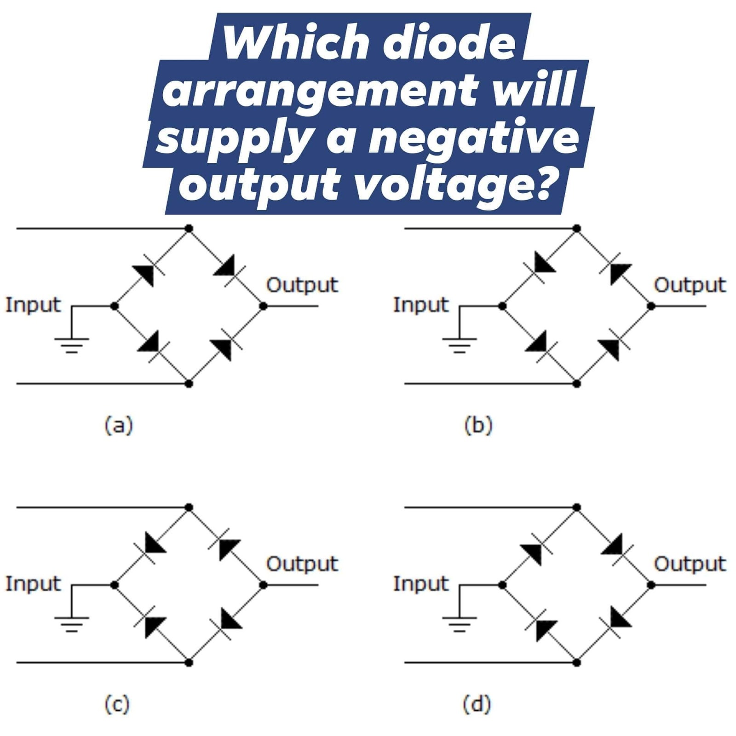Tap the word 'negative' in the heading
pyautogui.click(x=474, y=138)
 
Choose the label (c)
pyautogui.click(x=117, y=704)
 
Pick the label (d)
pyautogui.click(x=477, y=704)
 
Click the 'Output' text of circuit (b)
pyautogui.click(x=690, y=285)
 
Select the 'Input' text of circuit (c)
pyautogui.click(x=33, y=584)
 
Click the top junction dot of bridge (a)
pyautogui.click(x=189, y=228)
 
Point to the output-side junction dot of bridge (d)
pyautogui.click(x=651, y=585)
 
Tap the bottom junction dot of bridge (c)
pyautogui.click(x=189, y=662)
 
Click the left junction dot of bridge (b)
pyautogui.click(x=502, y=306)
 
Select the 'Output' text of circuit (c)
pyautogui.click(x=302, y=564)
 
